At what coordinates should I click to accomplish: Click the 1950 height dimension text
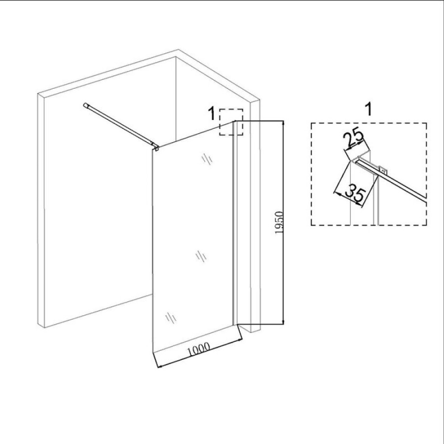tap(279, 222)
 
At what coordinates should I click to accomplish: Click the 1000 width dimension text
tap(199, 350)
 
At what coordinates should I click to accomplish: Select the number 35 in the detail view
tap(356, 194)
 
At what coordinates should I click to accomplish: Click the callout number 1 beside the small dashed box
tap(212, 113)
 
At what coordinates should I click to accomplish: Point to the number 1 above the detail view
tap(369, 109)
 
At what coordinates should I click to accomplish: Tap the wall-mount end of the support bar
tap(85, 105)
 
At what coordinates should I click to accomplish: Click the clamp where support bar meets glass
tap(156, 147)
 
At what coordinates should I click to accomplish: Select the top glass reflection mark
tap(207, 159)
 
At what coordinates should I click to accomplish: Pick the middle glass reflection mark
tap(201, 257)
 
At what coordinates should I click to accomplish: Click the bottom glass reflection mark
tap(171, 318)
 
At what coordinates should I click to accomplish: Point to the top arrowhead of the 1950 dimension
tap(283, 123)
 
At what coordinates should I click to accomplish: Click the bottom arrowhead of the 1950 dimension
tap(283, 322)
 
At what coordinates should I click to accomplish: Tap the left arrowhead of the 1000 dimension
tap(159, 367)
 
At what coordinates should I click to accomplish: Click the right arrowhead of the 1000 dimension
tap(241, 339)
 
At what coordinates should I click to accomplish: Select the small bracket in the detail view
tap(383, 171)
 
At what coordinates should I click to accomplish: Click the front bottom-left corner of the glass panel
tap(153, 353)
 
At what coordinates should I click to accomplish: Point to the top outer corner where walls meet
tap(179, 50)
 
